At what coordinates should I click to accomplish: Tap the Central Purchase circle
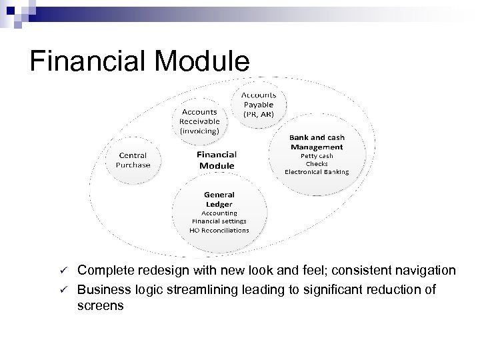[x=134, y=160]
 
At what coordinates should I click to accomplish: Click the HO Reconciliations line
[x=219, y=229]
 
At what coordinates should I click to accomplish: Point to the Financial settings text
[x=219, y=220]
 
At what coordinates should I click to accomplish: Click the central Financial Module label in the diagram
[x=216, y=159]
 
